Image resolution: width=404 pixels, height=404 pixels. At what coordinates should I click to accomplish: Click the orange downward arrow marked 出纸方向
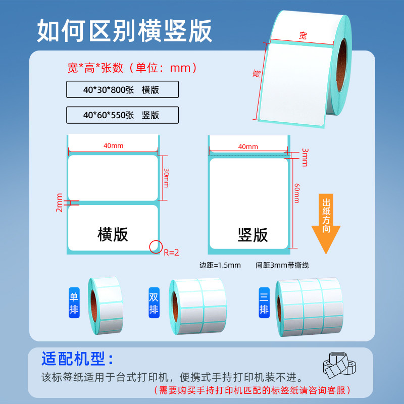325,222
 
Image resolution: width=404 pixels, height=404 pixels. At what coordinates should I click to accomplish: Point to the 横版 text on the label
113,234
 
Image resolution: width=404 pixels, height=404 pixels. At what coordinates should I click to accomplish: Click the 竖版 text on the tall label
252,234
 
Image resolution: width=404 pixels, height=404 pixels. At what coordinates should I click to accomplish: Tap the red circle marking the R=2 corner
156,246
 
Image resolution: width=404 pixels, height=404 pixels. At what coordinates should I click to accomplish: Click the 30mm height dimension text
166,178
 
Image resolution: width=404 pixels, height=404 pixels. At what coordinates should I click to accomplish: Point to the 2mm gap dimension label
59,203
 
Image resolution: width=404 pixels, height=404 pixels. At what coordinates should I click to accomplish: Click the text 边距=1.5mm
220,265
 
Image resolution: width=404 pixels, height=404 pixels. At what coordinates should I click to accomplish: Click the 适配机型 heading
78,359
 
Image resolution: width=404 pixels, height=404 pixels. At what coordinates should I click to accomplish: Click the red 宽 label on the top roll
302,35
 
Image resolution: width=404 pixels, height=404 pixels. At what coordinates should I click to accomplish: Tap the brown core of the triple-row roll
281,309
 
